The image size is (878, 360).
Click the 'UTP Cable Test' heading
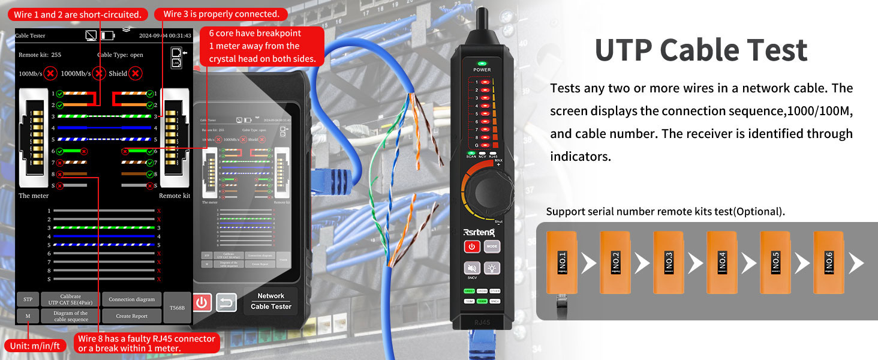click(700, 50)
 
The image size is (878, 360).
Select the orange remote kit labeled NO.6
click(828, 262)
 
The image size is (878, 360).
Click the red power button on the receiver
click(472, 247)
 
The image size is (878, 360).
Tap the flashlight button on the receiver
click(492, 268)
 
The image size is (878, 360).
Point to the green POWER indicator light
click(482, 63)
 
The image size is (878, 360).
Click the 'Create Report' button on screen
click(132, 316)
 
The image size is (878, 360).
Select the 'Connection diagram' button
click(132, 299)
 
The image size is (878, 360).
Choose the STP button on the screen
click(28, 299)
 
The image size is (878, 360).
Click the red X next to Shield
click(136, 73)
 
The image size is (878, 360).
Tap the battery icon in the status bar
click(108, 36)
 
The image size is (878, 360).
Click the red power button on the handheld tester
click(202, 302)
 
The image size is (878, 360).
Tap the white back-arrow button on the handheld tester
click(225, 302)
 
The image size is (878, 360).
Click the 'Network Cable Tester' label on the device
click(271, 301)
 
